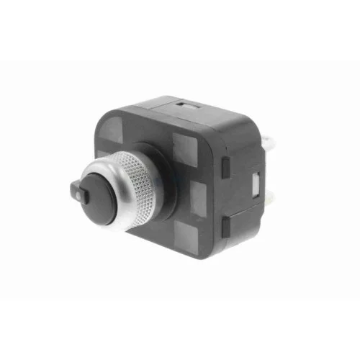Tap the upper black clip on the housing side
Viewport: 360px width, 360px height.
[225, 168]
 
